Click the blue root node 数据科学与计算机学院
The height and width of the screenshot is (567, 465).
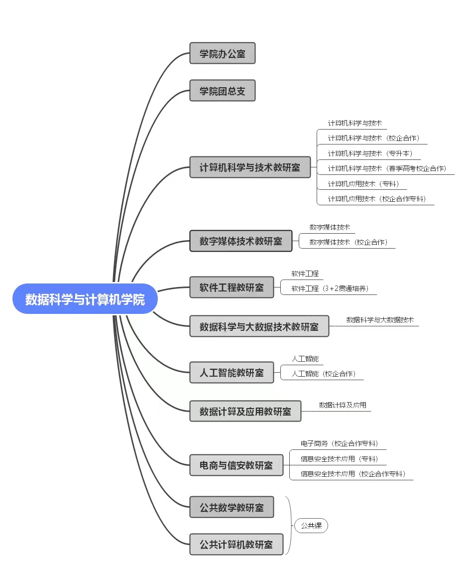point(85,298)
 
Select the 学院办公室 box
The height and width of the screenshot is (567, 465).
point(223,53)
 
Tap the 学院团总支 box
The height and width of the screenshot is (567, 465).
point(223,90)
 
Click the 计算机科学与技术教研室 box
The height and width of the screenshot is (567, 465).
point(250,167)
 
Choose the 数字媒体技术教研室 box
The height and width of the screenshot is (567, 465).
point(241,241)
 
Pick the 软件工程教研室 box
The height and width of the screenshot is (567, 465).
point(232,287)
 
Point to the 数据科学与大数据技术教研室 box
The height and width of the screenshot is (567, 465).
point(259,326)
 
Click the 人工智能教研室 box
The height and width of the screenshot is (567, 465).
point(232,373)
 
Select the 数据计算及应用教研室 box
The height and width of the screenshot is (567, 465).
point(245,411)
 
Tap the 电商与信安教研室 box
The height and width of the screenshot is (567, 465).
point(236,465)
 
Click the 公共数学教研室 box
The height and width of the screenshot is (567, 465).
point(232,507)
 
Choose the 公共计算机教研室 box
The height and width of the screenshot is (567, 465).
point(236,544)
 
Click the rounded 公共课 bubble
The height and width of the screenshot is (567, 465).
point(312,526)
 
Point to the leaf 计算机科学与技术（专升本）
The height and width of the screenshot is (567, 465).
point(370,153)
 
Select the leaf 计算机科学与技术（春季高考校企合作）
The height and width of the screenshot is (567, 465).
point(387,168)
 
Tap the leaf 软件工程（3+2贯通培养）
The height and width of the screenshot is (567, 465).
point(330,288)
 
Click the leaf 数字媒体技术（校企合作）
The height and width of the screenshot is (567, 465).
point(349,242)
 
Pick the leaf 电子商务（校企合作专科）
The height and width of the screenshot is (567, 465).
point(339,444)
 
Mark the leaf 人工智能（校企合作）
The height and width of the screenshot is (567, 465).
point(324,374)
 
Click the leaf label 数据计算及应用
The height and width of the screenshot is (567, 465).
point(343,405)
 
